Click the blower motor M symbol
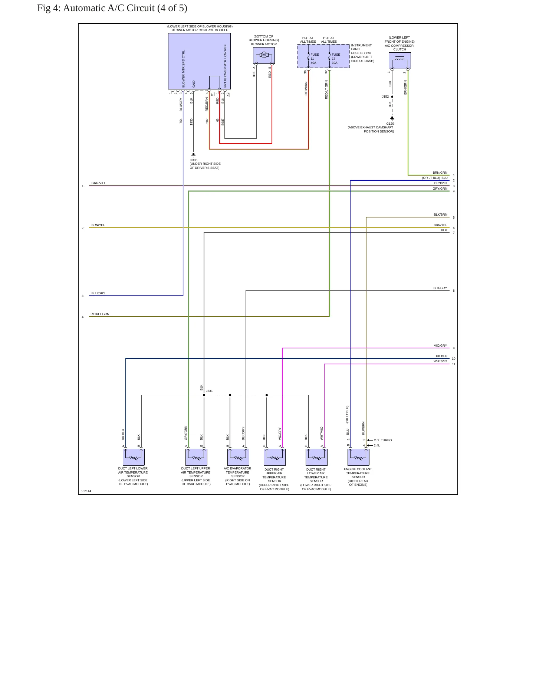[x=264, y=55]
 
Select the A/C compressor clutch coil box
[x=399, y=60]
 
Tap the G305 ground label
[x=194, y=160]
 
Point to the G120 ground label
[x=390, y=124]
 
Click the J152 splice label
[x=385, y=96]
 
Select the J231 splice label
[x=209, y=391]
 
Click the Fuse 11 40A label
[x=315, y=59]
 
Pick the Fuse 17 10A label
[x=336, y=59]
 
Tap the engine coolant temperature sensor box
[x=358, y=457]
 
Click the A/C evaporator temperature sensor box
[x=238, y=457]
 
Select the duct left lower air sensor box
[x=134, y=457]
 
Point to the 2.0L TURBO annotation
[x=383, y=440]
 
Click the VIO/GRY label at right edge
[x=440, y=346]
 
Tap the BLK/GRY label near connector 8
[x=440, y=288]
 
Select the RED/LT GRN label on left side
[x=100, y=314]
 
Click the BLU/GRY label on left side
[x=98, y=293]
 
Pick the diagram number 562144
[x=86, y=491]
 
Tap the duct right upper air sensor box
[x=274, y=457]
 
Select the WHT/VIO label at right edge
[x=440, y=361]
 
